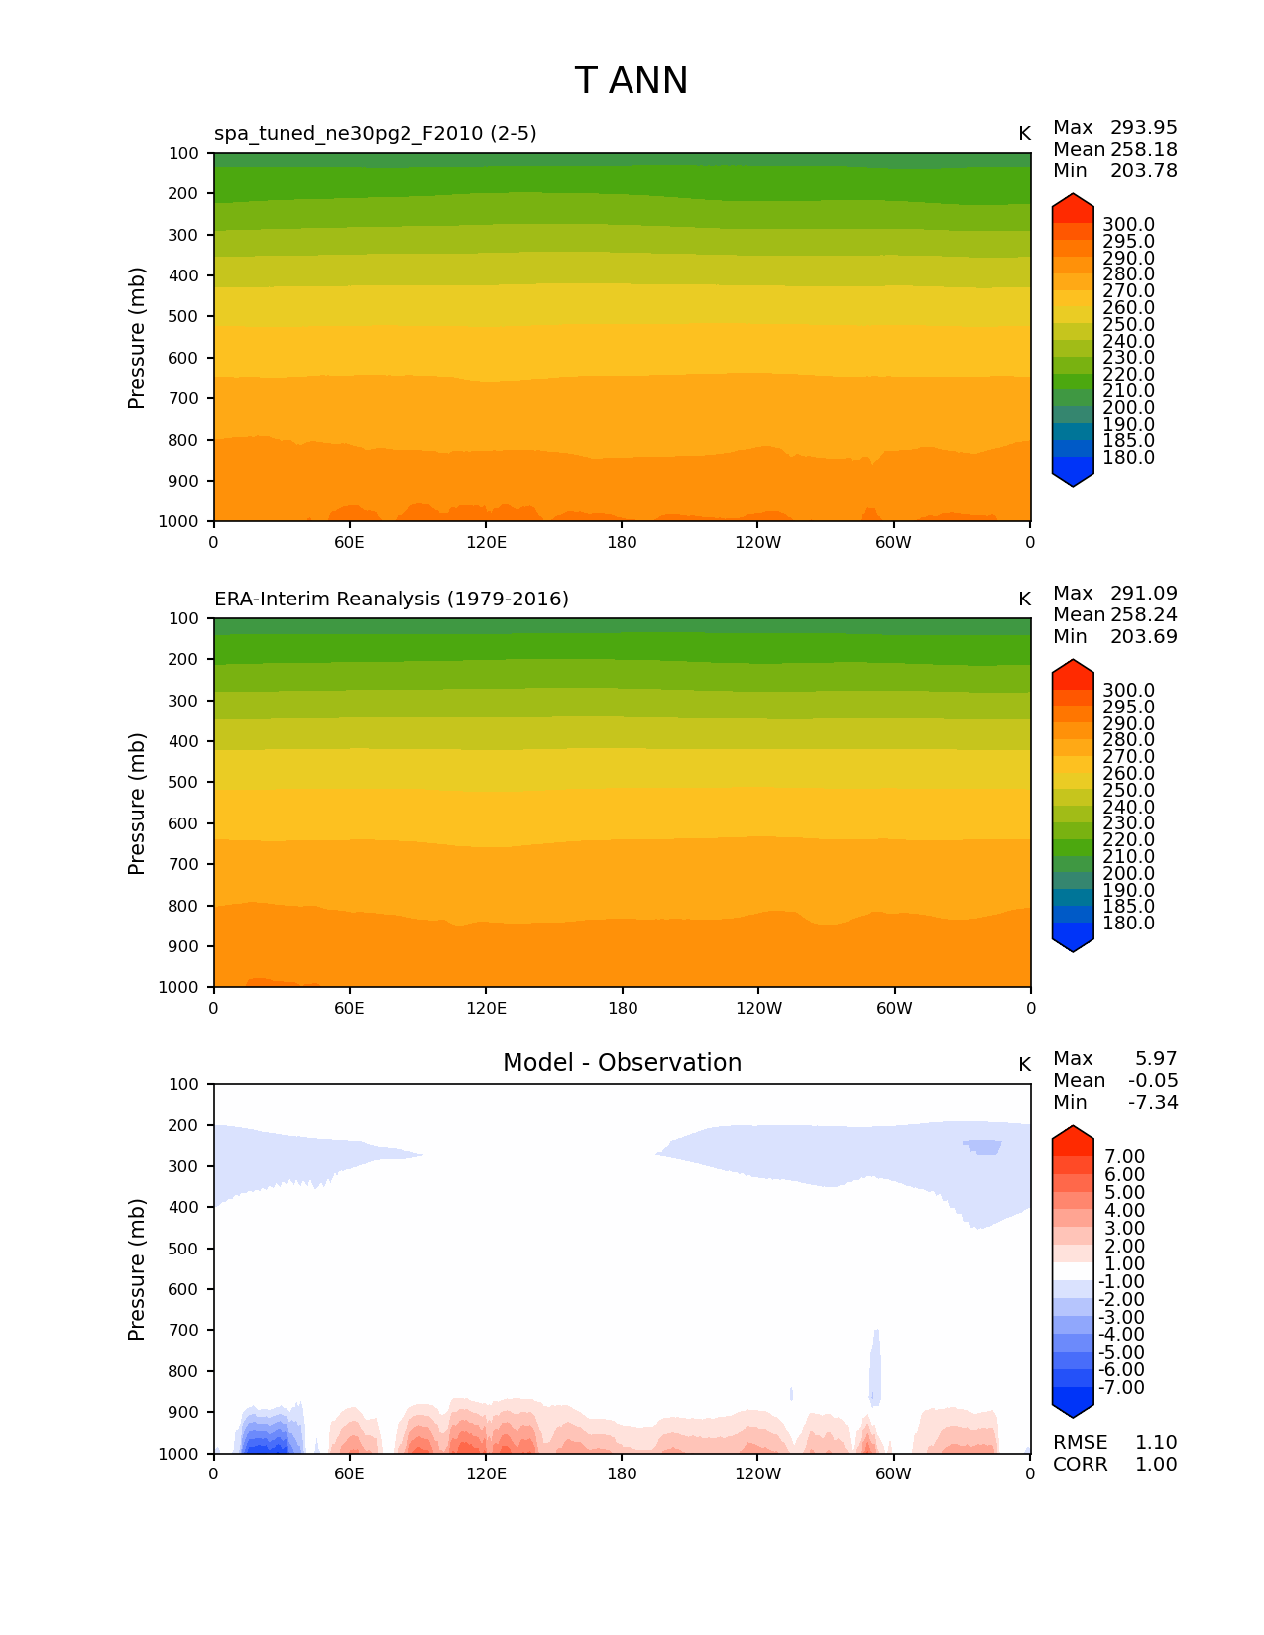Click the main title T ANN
point(631,81)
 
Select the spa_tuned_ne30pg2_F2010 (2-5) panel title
point(376,134)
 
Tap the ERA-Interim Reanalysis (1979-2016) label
point(392,599)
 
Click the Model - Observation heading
point(622,1063)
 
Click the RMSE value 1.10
point(1155,1443)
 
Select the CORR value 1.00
point(1155,1465)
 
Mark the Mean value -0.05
point(1153,1081)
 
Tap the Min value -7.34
point(1153,1103)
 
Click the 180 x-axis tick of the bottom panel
point(622,1474)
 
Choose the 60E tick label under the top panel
point(349,543)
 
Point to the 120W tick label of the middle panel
point(758,1009)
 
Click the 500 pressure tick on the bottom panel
point(185,1249)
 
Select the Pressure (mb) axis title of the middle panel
point(137,804)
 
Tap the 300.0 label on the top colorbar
point(1128,225)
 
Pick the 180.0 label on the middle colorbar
point(1128,924)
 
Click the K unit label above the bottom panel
point(1024,1065)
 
